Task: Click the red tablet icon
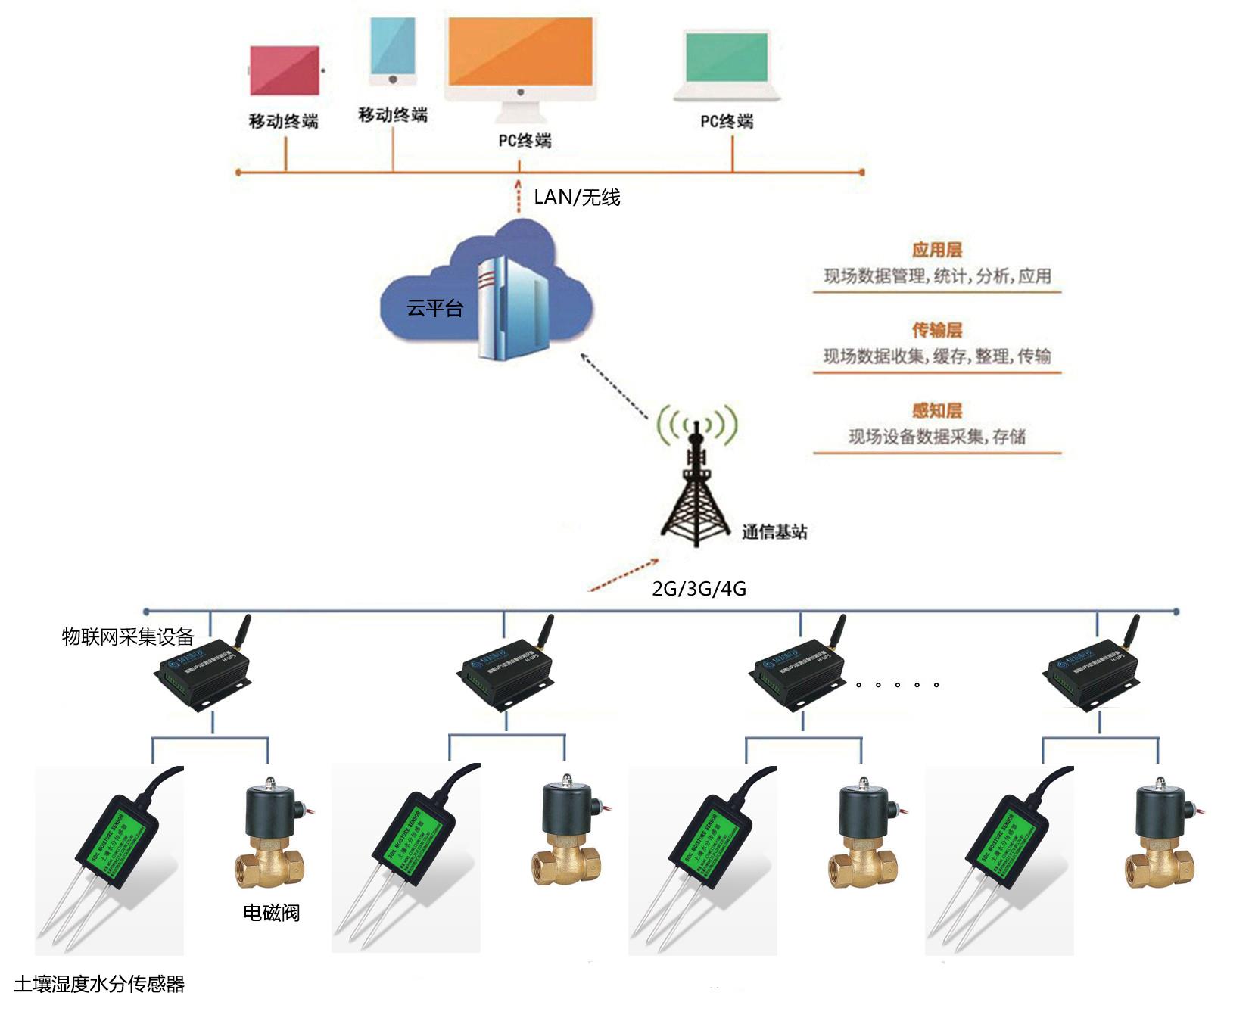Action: pos(285,70)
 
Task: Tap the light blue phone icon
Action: pos(393,50)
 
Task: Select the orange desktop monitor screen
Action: pos(520,51)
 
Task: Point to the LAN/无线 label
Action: pos(577,198)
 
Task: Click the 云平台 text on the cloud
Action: pos(434,308)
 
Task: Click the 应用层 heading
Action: pos(936,250)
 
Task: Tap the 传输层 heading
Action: pos(936,330)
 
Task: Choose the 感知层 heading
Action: pos(936,410)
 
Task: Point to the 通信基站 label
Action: pos(774,532)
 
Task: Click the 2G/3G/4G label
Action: pos(699,588)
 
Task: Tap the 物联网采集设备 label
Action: pos(128,636)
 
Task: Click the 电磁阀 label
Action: pos(271,913)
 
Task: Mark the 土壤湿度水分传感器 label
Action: pos(99,984)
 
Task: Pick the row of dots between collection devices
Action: pos(897,685)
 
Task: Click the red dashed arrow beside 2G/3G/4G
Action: pos(624,574)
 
